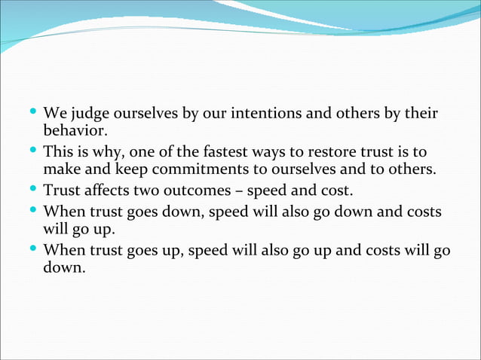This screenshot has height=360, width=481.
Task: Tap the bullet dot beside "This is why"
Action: [33, 151]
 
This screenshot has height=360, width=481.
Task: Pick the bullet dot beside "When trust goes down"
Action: [33, 209]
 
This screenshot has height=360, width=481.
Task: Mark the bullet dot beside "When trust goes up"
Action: [33, 249]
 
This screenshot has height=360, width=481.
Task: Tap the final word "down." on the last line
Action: [65, 267]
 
